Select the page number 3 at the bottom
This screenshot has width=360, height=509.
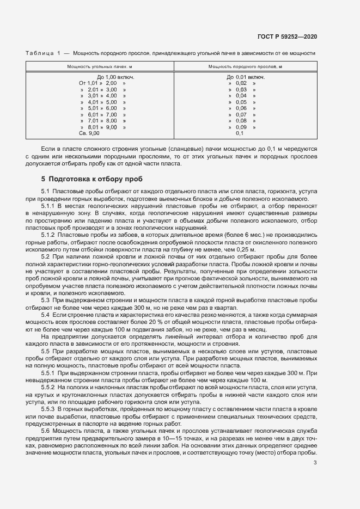315,463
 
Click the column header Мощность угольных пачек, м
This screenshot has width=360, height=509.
100,66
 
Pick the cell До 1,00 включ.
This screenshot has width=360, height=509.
115,77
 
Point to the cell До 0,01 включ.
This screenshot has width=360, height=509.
246,77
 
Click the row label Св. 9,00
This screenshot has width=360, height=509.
89,133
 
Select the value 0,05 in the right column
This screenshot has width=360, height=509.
241,102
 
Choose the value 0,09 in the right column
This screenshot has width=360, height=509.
241,127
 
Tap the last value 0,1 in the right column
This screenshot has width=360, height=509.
240,133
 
